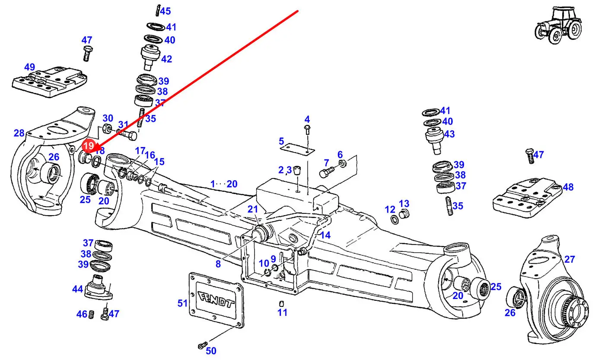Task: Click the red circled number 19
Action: (88, 146)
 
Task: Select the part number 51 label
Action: (182, 303)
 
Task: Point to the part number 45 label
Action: (165, 11)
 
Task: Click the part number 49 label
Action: (29, 67)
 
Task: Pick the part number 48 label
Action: (568, 187)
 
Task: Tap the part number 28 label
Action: (19, 133)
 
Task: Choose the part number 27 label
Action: (570, 259)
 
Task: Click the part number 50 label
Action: (211, 351)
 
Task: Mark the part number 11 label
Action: (282, 312)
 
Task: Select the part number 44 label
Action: (77, 289)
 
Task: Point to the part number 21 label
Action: (253, 210)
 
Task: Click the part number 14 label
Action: (325, 235)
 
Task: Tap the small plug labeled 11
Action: (282, 303)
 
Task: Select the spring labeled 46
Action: (91, 315)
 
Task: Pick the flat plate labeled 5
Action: (297, 149)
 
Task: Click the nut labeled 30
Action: (107, 129)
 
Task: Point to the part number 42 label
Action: (166, 59)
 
